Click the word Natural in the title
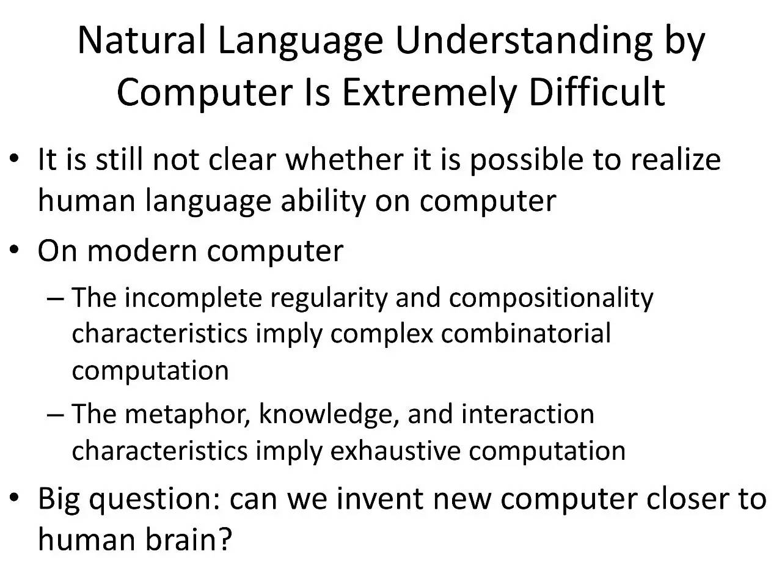point(142,40)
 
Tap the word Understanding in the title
point(524,42)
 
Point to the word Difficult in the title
point(597,92)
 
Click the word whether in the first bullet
point(345,159)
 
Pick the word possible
point(527,161)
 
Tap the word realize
point(676,160)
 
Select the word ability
point(323,201)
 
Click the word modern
point(142,251)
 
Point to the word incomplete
point(193,298)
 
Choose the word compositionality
point(551,298)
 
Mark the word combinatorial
point(526,333)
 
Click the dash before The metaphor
point(55,415)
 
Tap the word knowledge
point(329,416)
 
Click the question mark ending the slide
point(224,538)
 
